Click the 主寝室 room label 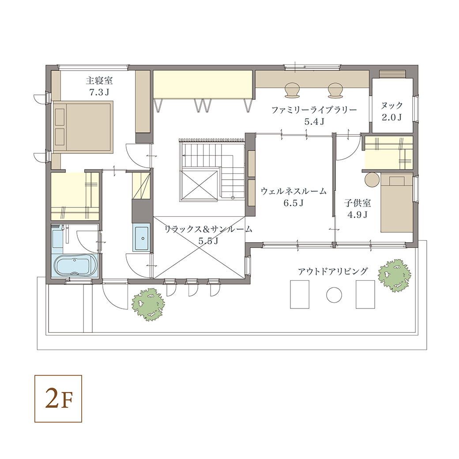(99, 80)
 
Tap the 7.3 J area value (99, 92)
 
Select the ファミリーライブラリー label (314, 110)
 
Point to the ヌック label (391, 105)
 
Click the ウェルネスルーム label (293, 191)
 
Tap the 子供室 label (357, 203)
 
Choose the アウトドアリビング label (332, 271)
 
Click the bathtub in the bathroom (75, 266)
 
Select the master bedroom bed (83, 127)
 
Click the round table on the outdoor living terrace (334, 295)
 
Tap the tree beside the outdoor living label (394, 275)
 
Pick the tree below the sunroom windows (148, 305)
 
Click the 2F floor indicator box (58, 399)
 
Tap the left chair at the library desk (292, 90)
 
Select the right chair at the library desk (335, 90)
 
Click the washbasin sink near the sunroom (143, 237)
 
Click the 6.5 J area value (293, 203)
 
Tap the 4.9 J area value (357, 214)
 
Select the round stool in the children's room (372, 180)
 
